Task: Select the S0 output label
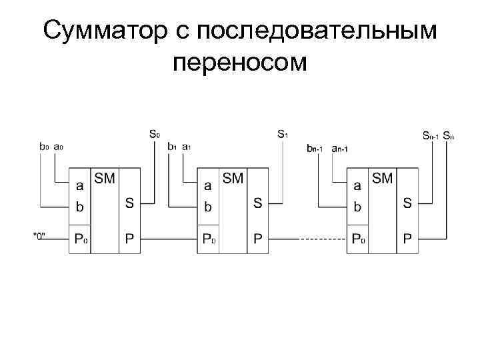154,134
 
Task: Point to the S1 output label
283,134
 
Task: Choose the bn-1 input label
315,148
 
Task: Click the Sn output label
448,136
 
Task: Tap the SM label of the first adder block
105,178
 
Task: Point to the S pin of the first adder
129,203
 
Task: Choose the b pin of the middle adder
208,207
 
